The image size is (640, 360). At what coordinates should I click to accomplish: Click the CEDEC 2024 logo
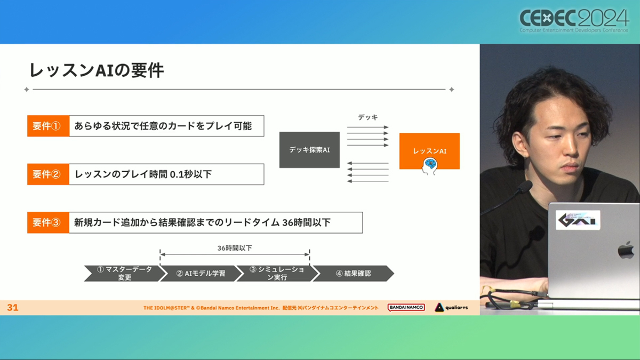coord(574,21)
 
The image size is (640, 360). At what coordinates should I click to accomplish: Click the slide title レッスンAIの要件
coord(97,70)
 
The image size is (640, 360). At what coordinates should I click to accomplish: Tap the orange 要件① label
coord(49,126)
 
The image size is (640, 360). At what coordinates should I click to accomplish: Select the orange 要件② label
coord(49,174)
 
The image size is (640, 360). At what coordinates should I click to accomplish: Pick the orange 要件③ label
coord(49,222)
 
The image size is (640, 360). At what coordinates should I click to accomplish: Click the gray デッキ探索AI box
coord(309,150)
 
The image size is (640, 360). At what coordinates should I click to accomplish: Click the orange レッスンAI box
coord(429,151)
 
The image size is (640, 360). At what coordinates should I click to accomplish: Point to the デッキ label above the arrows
coord(368,117)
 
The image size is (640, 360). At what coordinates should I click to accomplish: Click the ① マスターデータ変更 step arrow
coord(125,274)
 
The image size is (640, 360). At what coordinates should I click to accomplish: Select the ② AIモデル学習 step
coord(201,274)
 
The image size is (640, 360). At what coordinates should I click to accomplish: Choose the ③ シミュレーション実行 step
coord(277,274)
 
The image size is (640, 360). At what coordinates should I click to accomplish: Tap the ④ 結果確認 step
coord(354,274)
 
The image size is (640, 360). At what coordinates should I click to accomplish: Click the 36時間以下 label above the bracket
coord(235,248)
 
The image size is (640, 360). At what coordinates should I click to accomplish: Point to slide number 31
coord(13,307)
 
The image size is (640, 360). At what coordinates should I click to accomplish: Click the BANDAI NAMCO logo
coord(406,307)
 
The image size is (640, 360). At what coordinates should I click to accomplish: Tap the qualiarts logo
coord(451,307)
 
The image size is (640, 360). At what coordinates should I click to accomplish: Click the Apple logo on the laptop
coord(626,250)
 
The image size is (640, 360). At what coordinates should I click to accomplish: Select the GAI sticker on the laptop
coord(578,220)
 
